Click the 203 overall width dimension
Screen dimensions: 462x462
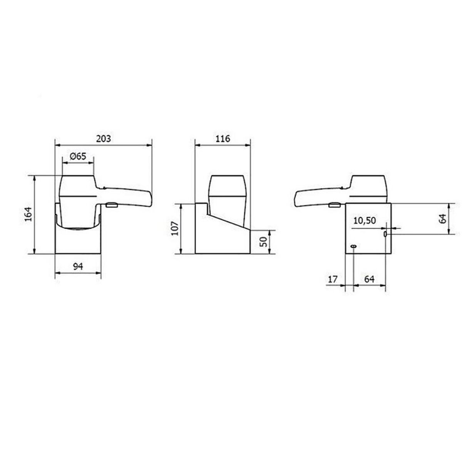pyautogui.click(x=103, y=139)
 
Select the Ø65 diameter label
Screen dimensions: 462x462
pyautogui.click(x=78, y=156)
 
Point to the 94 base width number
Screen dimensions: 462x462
pyautogui.click(x=79, y=266)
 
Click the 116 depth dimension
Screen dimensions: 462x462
pyautogui.click(x=223, y=139)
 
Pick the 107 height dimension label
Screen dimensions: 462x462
pyautogui.click(x=175, y=228)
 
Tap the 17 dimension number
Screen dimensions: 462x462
pyautogui.click(x=332, y=279)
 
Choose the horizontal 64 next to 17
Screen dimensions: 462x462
pyautogui.click(x=369, y=279)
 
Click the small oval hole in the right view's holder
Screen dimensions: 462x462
pyautogui.click(x=353, y=246)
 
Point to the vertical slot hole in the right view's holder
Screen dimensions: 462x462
pyautogui.click(x=385, y=235)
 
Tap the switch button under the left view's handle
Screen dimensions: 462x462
pyautogui.click(x=111, y=206)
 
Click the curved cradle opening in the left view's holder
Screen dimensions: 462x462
pyautogui.click(x=79, y=227)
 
